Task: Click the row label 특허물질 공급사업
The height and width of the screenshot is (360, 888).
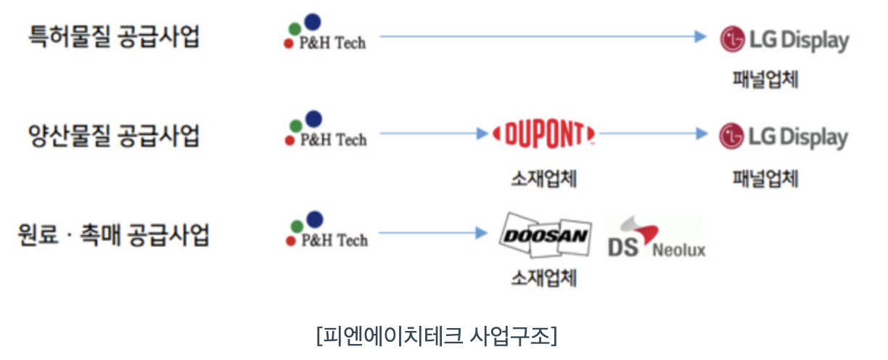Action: point(113,36)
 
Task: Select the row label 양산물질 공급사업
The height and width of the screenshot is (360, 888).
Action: point(113,135)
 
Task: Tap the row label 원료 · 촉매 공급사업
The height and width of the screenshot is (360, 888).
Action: point(113,234)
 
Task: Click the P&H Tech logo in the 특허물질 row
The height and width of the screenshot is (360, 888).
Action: point(325,35)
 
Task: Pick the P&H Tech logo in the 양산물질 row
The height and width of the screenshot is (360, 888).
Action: point(325,131)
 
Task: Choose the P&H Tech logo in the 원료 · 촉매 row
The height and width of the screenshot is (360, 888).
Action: point(325,232)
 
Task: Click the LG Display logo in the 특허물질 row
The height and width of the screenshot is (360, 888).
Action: point(784,39)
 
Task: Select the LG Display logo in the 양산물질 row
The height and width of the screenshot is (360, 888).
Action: point(784,136)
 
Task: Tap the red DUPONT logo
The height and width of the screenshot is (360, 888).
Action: point(544,134)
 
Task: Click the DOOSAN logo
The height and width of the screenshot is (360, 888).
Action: point(546,234)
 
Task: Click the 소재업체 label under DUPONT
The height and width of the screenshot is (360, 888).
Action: point(543,179)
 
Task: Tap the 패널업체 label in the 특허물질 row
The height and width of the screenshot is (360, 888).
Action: point(765,79)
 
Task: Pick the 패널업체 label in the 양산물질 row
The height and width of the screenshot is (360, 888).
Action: point(765,179)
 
